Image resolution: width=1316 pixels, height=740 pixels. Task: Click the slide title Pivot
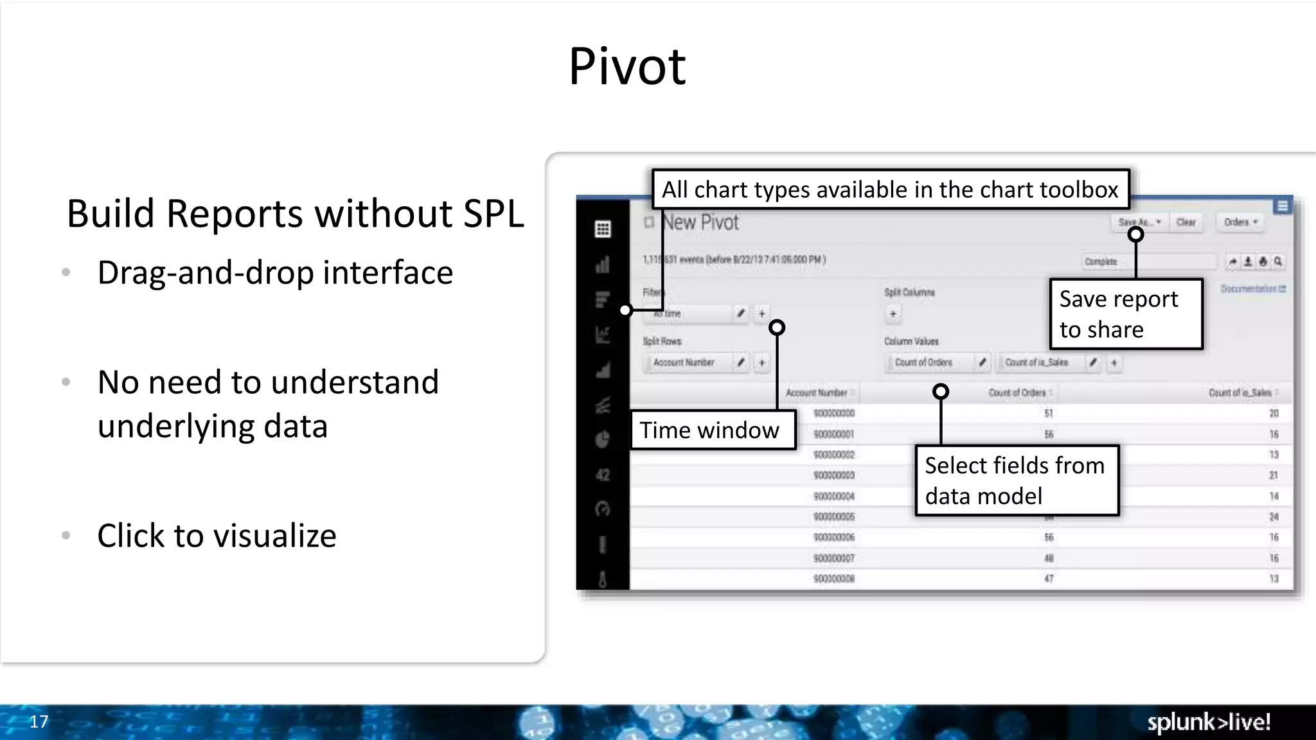(627, 67)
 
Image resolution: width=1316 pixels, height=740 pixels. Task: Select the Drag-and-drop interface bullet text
(275, 273)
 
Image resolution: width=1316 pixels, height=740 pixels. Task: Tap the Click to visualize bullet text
(217, 536)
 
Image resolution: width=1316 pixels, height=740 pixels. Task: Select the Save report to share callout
(1125, 314)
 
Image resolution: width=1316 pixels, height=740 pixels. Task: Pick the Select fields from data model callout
(1017, 480)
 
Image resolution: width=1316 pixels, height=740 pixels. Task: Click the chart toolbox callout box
(890, 189)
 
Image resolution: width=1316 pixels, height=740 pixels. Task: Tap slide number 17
(39, 721)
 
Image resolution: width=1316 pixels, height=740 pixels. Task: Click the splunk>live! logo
(1208, 722)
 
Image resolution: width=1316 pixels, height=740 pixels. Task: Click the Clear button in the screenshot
(1186, 222)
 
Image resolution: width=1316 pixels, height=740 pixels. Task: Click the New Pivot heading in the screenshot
(700, 223)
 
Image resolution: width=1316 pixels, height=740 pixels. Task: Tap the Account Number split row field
(684, 363)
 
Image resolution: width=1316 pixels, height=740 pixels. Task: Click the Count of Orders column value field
(924, 363)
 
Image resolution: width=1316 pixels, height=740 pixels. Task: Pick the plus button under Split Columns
(893, 314)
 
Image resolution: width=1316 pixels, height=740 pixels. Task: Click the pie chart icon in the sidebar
(602, 440)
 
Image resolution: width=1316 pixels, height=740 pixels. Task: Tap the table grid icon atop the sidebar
(602, 229)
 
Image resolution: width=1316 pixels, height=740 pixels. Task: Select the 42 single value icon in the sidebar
(602, 475)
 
